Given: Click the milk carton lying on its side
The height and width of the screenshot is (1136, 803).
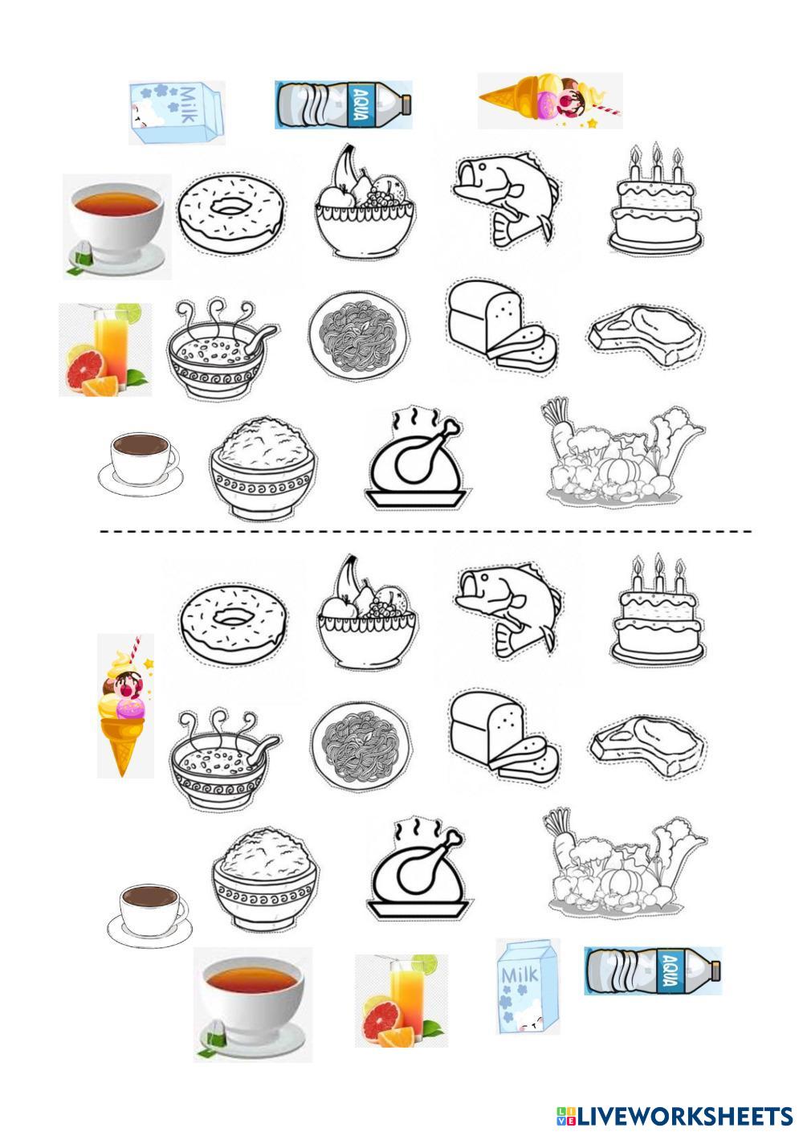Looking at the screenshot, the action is [176, 112].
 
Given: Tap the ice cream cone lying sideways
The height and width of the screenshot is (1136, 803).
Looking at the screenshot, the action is [549, 101].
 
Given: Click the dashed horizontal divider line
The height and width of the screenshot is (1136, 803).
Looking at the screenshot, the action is [426, 532].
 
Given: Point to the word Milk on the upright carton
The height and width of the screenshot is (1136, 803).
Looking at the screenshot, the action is [520, 975].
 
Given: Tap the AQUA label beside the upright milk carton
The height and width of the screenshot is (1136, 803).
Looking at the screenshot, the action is [671, 971].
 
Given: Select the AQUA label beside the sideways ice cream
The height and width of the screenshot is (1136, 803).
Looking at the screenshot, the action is [361, 104].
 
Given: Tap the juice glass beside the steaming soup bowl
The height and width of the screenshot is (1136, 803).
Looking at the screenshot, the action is [105, 349].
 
